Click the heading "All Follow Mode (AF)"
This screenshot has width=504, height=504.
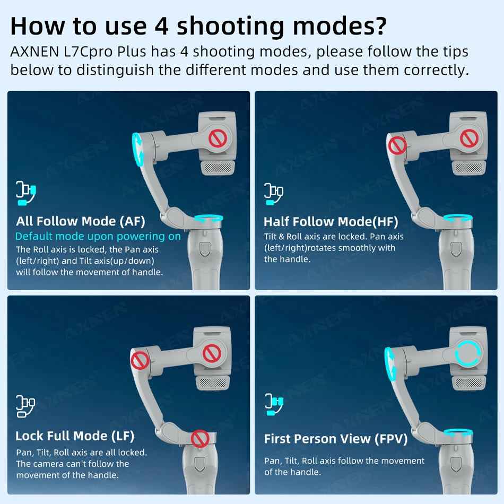[x=81, y=221]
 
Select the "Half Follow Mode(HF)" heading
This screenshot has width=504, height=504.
[x=331, y=222]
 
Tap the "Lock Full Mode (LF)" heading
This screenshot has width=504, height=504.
[x=75, y=436]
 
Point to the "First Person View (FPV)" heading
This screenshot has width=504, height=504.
[x=336, y=439]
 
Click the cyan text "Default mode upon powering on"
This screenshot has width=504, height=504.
[x=98, y=237]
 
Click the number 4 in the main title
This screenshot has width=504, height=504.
[x=162, y=27]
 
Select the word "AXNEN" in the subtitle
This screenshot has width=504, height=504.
[x=34, y=52]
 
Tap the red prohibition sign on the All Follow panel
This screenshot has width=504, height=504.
[x=218, y=139]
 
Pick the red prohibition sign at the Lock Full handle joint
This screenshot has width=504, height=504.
[x=200, y=438]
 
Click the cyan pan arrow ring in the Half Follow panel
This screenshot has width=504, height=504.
[x=458, y=218]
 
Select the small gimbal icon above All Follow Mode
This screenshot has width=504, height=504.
[x=26, y=193]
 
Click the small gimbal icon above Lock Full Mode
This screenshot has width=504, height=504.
[x=25, y=406]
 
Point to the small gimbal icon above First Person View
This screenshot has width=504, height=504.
[x=274, y=404]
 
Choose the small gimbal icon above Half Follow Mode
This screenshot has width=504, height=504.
[x=274, y=194]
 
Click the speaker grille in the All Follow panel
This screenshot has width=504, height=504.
[x=218, y=168]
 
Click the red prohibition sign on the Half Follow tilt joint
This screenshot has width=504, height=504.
[x=397, y=145]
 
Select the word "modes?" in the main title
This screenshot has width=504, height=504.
[x=340, y=27]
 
